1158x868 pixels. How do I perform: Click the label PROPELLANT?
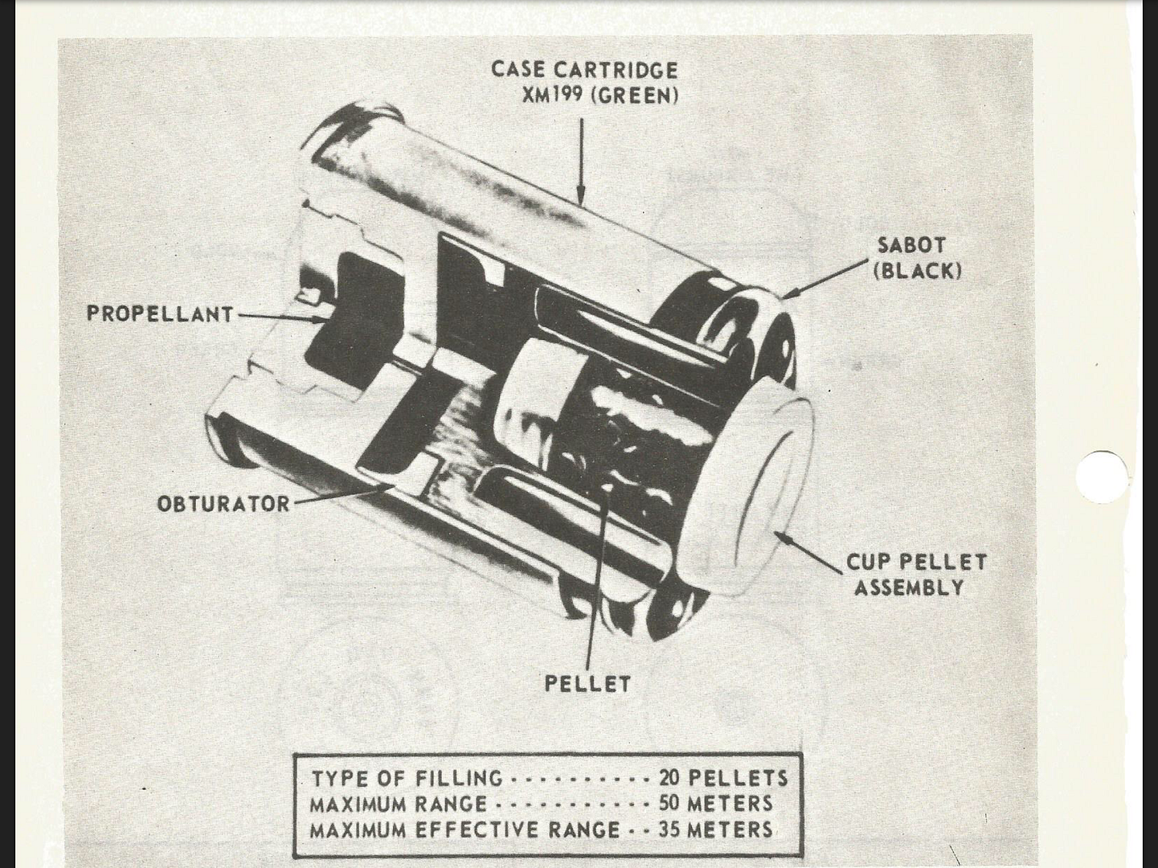coord(159,313)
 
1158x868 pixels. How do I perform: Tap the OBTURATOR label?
coord(223,504)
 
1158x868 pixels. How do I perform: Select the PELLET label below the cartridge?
coord(587,684)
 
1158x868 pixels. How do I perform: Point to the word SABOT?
coord(911,245)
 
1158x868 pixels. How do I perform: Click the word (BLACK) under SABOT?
coord(917,270)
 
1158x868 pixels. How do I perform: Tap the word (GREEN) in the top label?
coord(635,95)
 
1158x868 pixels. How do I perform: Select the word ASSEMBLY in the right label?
coord(909,588)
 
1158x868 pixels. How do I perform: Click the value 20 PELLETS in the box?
coord(723,778)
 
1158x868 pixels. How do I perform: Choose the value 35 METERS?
coord(715,829)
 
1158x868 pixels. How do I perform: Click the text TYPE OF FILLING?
coord(407,778)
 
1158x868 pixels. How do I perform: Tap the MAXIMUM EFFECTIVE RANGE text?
coord(464,829)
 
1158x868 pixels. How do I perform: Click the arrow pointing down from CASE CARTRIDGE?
coord(579,161)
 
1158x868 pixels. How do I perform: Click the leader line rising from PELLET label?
coord(593,579)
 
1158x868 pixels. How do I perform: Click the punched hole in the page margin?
coord(1101,477)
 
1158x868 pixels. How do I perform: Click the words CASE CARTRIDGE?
coord(584,69)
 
